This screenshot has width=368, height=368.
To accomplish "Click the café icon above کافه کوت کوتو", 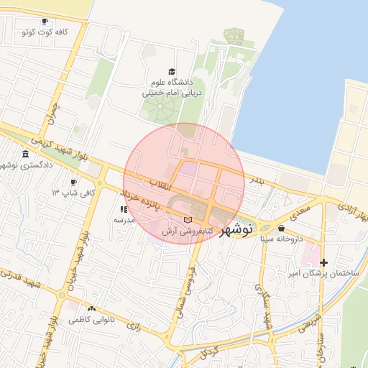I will (45, 22).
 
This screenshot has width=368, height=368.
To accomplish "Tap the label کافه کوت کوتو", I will (45, 32).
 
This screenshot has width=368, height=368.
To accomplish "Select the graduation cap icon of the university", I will (171, 71).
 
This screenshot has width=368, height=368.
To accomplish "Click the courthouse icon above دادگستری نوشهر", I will (26, 155).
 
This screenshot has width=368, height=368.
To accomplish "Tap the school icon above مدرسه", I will (124, 209).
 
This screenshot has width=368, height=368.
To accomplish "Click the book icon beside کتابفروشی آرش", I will (188, 219).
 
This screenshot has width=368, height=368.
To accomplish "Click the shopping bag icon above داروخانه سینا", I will (281, 227).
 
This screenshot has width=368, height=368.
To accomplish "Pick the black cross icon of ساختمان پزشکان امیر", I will (324, 262).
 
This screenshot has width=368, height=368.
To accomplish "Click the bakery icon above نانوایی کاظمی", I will (91, 308).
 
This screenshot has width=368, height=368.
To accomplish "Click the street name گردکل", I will (208, 352).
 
